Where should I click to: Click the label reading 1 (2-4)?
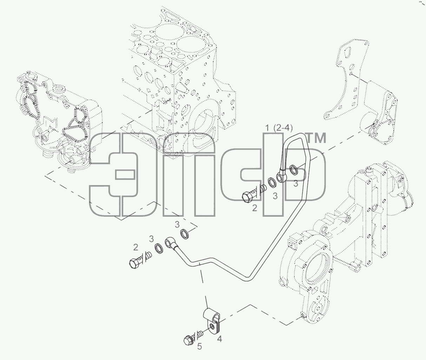coord(279,128)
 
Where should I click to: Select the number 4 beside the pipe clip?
coord(219,339)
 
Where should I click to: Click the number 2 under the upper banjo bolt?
coord(255,208)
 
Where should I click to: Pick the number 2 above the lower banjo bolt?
coord(136,248)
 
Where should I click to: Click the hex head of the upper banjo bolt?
coord(247,197)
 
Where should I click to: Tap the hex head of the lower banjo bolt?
coord(134,263)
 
